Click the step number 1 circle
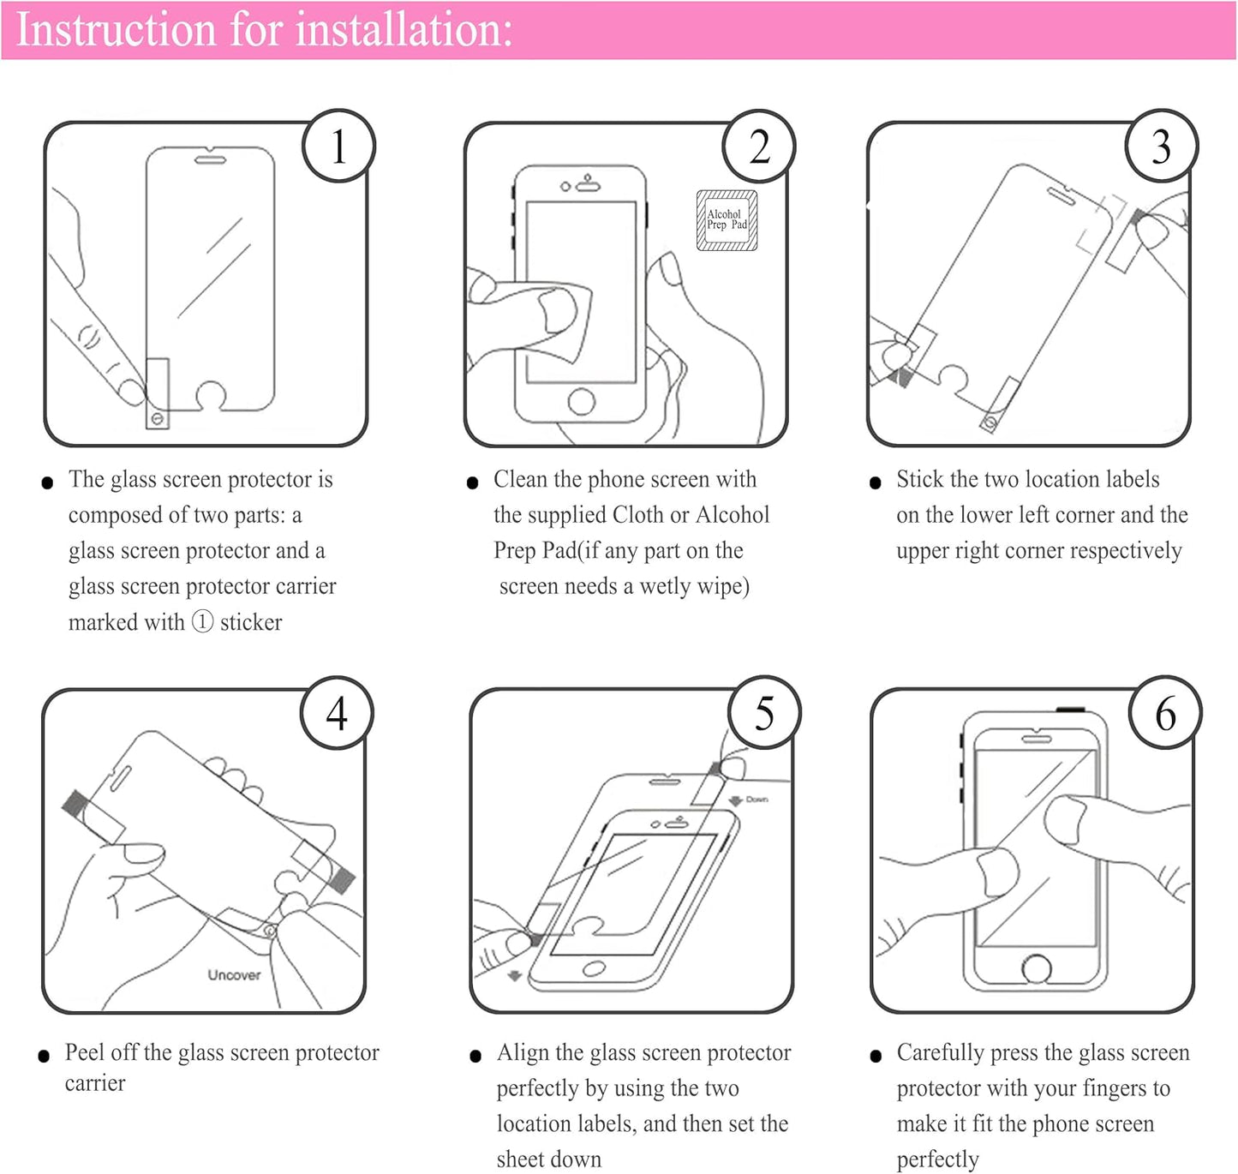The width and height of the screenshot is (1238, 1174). point(338,147)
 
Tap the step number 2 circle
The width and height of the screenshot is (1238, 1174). point(759,147)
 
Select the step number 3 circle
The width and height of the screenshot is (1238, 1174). point(1161,147)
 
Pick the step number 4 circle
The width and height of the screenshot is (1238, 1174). point(337,713)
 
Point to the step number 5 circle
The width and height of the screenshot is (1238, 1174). point(764,713)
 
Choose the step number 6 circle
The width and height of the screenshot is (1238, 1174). point(1165,714)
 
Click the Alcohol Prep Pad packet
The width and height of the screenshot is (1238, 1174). point(727,220)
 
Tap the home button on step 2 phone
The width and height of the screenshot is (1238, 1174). point(582,401)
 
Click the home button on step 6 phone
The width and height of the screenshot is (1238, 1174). point(1037,969)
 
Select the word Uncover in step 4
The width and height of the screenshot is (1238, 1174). point(234,975)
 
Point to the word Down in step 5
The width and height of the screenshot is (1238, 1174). point(757,800)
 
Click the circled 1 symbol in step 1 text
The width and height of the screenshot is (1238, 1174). point(202,621)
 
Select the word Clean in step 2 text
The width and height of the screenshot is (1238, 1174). point(520,479)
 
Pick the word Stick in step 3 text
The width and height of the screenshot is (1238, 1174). point(919,479)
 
